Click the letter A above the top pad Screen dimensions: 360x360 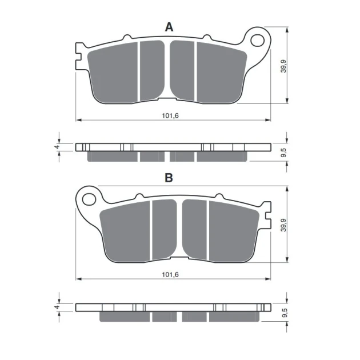pyautogui.click(x=169, y=27)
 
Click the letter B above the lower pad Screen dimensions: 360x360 pyautogui.click(x=169, y=178)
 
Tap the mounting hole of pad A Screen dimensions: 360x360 pyautogui.click(x=257, y=41)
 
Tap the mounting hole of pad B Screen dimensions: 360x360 pyautogui.click(x=89, y=199)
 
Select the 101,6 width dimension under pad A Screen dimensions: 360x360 pyautogui.click(x=170, y=115)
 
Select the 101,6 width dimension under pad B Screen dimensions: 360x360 pyautogui.click(x=170, y=275)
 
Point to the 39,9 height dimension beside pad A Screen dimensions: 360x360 pyautogui.click(x=283, y=66)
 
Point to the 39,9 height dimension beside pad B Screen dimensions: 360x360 pyautogui.click(x=283, y=225)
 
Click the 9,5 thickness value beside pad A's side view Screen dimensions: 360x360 pyautogui.click(x=283, y=153)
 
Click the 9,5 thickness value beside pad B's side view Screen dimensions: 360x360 pyautogui.click(x=283, y=313)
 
